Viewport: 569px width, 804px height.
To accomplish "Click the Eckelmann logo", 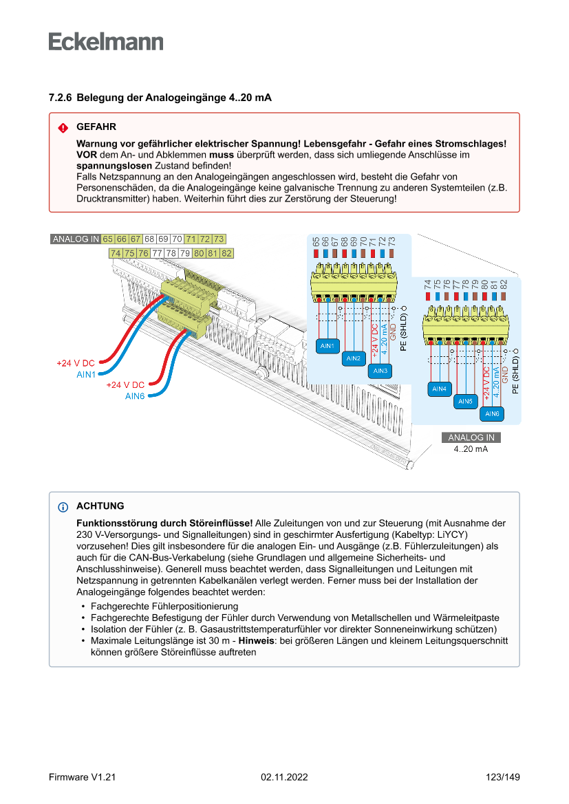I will coord(106,42).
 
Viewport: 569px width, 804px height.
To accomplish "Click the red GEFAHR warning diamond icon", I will coord(63,127).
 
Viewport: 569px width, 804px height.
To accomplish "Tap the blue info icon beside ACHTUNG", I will coord(63,507).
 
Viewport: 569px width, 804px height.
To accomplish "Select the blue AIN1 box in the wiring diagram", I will coord(328,345).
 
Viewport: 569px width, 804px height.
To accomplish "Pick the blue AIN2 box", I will coord(354,358).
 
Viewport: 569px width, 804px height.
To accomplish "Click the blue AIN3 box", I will coord(380,371).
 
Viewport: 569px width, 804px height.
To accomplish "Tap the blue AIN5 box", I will coord(466,401).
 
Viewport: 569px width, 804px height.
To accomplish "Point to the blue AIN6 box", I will coord(492,413).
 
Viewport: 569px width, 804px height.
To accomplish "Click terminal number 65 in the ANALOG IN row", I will coord(107,239).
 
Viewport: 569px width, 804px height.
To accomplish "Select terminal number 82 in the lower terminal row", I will coord(226,253).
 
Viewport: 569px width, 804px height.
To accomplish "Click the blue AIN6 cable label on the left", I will coord(135,396).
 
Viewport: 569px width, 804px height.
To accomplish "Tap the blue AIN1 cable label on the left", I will coord(86,374).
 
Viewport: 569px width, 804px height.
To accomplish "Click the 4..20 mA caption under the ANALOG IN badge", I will coord(471,449).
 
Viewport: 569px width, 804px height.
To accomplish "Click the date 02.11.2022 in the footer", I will coord(284,777).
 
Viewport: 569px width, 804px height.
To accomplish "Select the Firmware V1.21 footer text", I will coord(82,777).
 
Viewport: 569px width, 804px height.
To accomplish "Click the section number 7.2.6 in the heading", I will coord(60,98).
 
